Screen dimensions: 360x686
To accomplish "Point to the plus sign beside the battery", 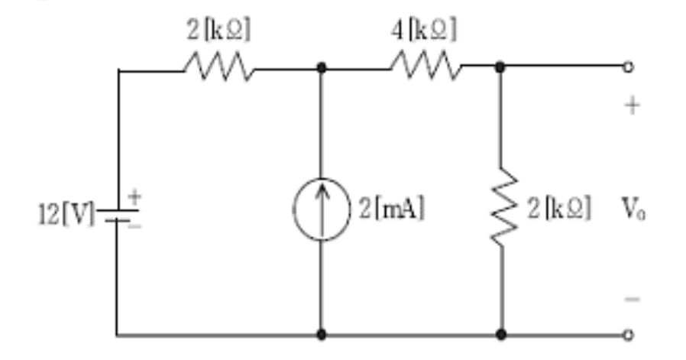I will [135, 196].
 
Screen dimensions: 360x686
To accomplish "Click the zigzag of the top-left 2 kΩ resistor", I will [218, 68].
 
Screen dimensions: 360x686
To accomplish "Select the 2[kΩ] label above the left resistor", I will [218, 30].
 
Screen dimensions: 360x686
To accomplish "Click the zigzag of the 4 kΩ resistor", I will [426, 68].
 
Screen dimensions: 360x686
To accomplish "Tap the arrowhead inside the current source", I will [321, 193].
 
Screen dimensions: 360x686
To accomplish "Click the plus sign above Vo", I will [631, 106].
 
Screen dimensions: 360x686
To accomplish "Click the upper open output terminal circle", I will [628, 67].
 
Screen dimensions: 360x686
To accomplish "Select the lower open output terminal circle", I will [628, 334].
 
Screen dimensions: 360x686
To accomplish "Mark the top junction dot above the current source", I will [321, 68].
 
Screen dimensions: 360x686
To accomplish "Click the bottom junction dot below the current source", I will [321, 334].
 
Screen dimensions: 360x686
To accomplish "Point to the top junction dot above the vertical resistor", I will [500, 68].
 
